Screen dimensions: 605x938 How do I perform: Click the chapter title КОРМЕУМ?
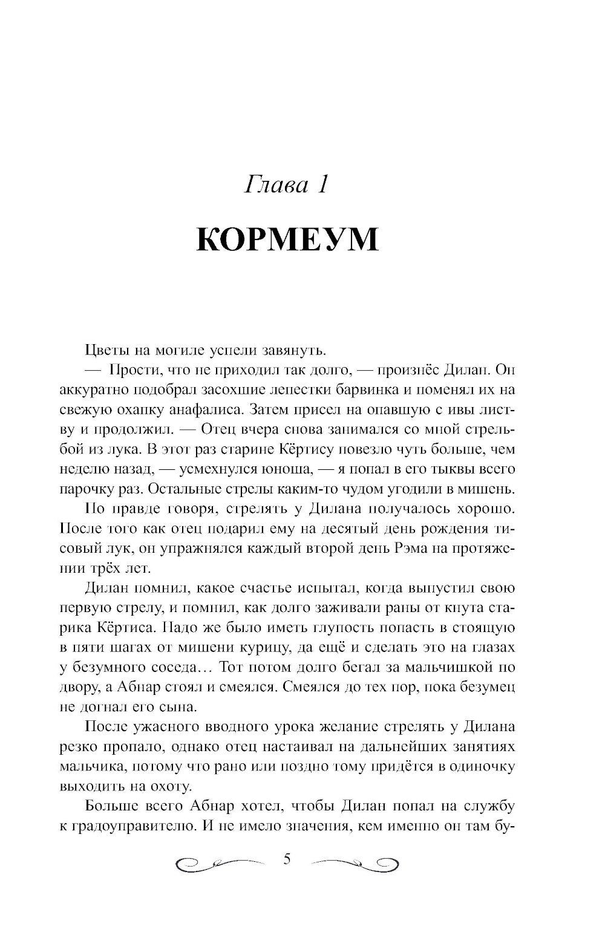pos(287,240)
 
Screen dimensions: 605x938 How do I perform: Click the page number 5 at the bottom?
pos(287,859)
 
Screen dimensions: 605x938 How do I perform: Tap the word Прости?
pos(132,370)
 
